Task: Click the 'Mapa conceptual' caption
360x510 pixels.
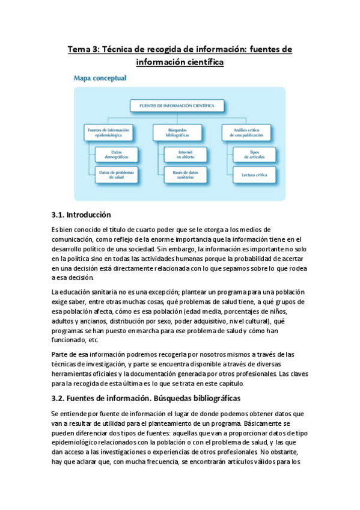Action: click(x=99, y=78)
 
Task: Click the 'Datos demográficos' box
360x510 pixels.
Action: click(x=116, y=155)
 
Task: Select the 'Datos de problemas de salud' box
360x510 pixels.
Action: click(x=116, y=174)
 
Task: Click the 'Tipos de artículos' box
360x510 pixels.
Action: click(x=253, y=155)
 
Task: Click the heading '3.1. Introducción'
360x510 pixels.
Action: click(x=81, y=215)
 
